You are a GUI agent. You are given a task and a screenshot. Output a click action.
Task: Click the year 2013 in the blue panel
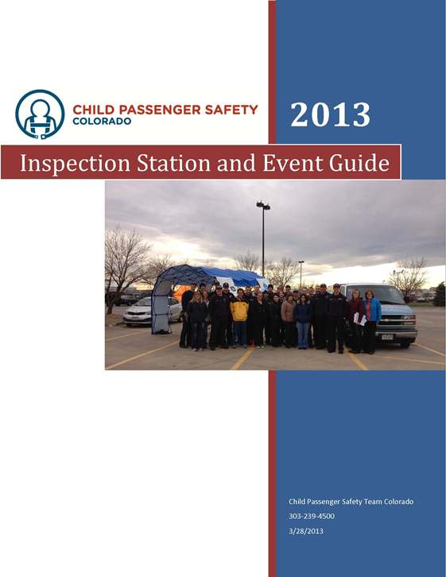tap(330, 114)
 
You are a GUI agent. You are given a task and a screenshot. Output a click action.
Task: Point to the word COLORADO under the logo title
tap(102, 122)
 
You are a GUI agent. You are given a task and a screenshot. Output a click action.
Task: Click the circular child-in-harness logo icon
tap(40, 114)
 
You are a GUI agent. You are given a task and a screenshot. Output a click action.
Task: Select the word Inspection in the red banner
tap(75, 163)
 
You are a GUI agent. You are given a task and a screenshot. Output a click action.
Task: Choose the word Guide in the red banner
tap(359, 162)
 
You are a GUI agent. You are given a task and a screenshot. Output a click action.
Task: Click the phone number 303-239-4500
tap(312, 516)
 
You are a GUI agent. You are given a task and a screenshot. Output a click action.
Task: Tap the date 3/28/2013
tap(306, 531)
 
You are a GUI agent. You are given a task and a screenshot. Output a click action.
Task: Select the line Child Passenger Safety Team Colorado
tap(351, 501)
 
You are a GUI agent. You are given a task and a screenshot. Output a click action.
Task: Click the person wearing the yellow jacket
tap(239, 316)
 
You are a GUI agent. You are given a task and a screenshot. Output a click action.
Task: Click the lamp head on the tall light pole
tap(263, 206)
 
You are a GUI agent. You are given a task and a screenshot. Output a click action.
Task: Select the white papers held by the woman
tap(359, 319)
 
